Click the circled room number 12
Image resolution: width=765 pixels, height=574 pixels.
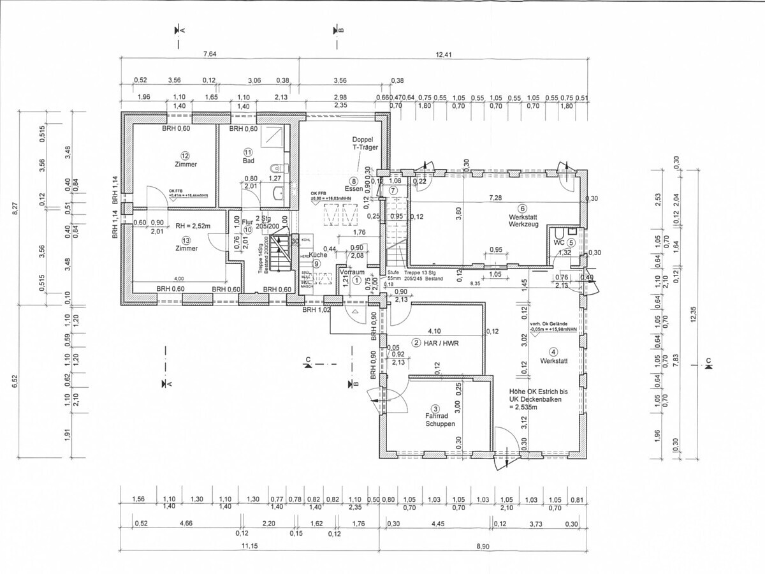(186, 155)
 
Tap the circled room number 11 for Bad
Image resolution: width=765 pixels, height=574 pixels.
(248, 152)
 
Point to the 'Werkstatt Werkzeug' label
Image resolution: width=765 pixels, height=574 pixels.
(523, 220)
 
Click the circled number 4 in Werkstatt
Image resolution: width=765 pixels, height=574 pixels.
(553, 351)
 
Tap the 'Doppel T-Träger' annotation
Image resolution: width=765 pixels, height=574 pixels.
(365, 143)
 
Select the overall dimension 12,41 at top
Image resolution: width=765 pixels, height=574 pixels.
(444, 54)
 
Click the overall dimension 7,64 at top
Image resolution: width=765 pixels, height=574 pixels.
(210, 54)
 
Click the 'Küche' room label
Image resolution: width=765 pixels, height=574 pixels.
(319, 255)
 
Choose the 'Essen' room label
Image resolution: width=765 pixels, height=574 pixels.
(353, 189)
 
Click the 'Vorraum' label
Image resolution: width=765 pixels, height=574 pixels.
(352, 272)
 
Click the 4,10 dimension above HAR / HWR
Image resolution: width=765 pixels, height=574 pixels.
(434, 331)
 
